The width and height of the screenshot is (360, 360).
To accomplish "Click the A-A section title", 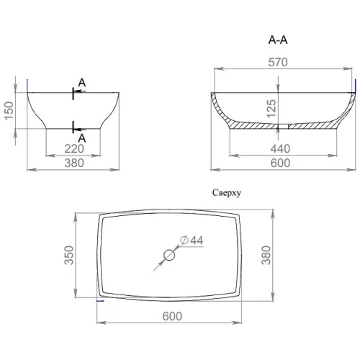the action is click(278, 40).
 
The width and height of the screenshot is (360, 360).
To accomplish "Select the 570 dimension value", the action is click(278, 62).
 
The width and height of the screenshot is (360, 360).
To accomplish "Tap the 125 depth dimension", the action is click(271, 109).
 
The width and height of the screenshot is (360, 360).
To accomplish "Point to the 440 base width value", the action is click(280, 149).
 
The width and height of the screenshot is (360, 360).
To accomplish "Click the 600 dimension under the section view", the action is click(280, 163).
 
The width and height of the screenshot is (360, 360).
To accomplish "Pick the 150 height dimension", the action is click(9, 111).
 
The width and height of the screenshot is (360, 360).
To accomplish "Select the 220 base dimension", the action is click(74, 149).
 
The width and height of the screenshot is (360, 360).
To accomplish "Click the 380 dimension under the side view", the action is click(74, 163).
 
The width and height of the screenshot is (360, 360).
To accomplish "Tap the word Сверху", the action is click(227, 193).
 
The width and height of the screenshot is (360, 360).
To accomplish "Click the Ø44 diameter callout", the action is click(192, 240).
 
